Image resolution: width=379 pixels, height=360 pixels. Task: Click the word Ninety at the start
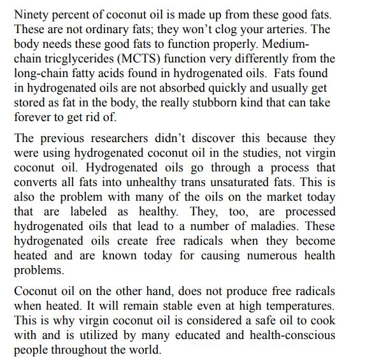31,13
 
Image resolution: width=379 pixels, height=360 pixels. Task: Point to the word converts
37,183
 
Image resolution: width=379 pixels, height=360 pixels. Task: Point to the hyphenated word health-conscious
288,336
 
